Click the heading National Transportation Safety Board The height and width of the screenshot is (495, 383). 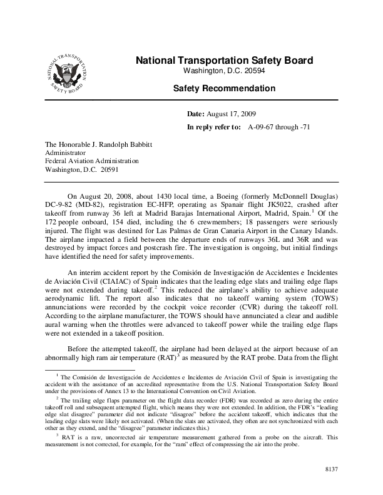[x=225, y=61]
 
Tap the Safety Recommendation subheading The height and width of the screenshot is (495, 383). [x=224, y=89]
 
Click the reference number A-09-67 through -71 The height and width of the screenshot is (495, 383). [x=279, y=127]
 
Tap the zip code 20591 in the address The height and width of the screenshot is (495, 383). [x=108, y=168]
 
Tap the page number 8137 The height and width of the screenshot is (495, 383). [x=330, y=467]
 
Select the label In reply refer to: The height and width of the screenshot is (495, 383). [x=214, y=127]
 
